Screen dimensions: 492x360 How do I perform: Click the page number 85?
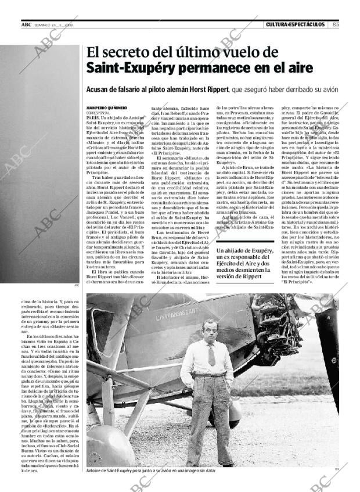click(x=336, y=24)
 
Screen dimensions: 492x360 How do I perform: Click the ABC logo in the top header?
click(x=26, y=24)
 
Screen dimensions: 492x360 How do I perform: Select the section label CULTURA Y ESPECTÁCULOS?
click(x=295, y=24)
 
